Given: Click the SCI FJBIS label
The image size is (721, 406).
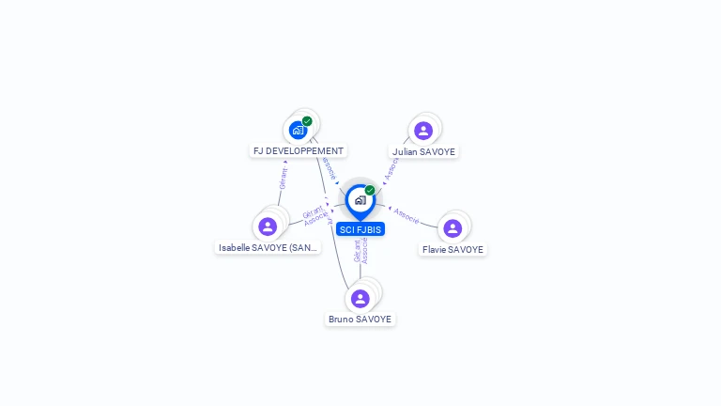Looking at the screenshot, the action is (x=360, y=229).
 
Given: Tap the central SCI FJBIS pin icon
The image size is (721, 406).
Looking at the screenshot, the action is (x=360, y=200).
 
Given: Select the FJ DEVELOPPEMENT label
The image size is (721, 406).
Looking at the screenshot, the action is (x=299, y=150).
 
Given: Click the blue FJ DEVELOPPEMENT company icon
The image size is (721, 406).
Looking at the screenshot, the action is (x=298, y=130).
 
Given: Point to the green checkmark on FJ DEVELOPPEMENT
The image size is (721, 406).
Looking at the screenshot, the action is (x=307, y=121).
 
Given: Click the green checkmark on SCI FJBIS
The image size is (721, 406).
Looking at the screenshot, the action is (x=370, y=191).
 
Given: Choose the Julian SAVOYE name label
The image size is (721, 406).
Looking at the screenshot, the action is (x=424, y=151).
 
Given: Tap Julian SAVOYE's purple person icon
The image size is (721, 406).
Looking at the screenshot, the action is (x=423, y=131).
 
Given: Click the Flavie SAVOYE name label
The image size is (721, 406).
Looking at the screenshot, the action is (x=453, y=250).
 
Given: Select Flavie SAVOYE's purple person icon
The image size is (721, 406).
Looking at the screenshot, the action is (x=453, y=227).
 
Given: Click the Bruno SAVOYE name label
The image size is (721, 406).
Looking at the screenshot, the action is (x=360, y=320).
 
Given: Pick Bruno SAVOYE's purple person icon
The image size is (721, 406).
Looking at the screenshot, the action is (x=360, y=298).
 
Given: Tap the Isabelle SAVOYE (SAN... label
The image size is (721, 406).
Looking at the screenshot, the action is (x=268, y=248).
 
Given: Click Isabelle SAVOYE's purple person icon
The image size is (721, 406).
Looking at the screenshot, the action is (x=268, y=226).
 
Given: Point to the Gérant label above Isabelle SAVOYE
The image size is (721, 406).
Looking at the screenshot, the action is (x=283, y=176).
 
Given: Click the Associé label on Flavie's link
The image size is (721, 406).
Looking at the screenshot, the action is (x=407, y=215).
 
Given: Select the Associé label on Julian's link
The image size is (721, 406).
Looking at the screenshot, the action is (x=391, y=167).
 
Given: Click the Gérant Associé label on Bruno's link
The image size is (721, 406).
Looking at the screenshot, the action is (x=360, y=250).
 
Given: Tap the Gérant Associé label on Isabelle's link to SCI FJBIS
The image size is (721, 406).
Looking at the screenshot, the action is (x=315, y=215).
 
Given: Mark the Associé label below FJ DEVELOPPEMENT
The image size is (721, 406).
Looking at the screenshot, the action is (x=328, y=167).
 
